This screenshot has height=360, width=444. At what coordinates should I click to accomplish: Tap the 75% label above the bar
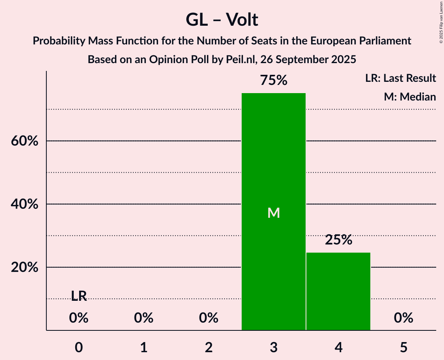coord(274,81)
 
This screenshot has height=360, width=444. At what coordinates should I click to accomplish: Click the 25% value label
coord(338,240)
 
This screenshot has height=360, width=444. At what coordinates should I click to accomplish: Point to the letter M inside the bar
coord(274,213)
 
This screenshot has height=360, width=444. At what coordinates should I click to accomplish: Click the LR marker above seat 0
coord(79,296)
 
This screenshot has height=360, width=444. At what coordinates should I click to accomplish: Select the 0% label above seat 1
coord(143,318)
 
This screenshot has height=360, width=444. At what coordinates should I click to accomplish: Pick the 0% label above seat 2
coord(209,318)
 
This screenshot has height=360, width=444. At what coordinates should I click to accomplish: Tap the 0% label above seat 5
coord(403,318)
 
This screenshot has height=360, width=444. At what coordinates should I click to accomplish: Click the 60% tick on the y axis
coord(25,141)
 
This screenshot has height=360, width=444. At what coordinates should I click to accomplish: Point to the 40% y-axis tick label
coord(25,204)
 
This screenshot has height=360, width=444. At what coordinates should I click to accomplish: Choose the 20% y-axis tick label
coord(25,268)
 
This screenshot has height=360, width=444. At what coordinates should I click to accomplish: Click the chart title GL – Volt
coord(222,19)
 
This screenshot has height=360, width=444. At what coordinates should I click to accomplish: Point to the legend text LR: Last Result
coord(400,78)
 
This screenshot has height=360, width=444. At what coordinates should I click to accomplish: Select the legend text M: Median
coord(410,97)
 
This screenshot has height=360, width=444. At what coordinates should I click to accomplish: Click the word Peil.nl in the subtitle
coord(238,60)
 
